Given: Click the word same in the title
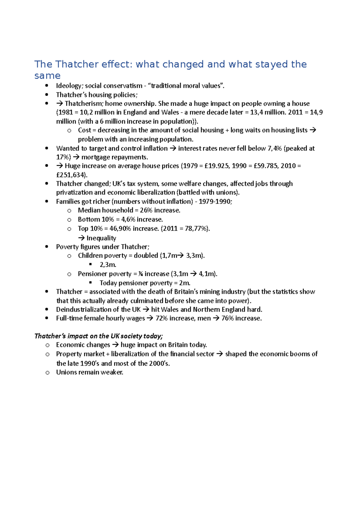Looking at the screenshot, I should coord(47,76).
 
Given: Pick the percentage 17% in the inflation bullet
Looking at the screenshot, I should coord(62,157).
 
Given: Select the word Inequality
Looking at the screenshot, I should coord(101,238).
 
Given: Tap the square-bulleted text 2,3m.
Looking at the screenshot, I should coord(108,265).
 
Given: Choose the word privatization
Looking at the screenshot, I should coord(75,192).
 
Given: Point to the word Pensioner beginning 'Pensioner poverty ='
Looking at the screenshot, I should coord(90,274).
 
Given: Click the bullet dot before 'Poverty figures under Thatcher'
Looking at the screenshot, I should coord(47,247).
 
